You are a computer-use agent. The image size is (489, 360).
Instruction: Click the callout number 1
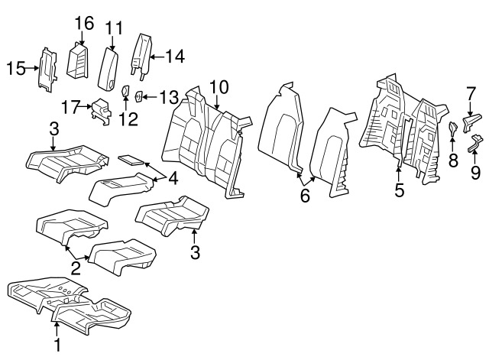(57, 345)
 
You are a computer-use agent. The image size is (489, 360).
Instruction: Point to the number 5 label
(399, 190)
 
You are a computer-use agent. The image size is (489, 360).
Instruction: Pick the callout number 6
(306, 196)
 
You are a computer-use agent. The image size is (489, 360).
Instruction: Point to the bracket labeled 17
(101, 113)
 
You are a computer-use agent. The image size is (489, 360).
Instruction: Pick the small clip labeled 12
(125, 93)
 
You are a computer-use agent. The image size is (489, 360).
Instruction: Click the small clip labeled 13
(140, 96)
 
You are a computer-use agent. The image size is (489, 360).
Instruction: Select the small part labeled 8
(452, 127)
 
